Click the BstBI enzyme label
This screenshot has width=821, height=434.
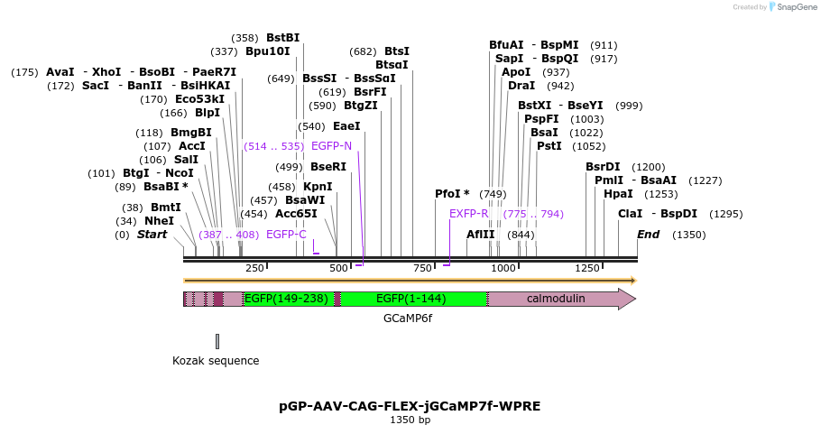[282, 38]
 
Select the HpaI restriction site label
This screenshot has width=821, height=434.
[617, 193]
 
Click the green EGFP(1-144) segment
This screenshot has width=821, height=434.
[411, 299]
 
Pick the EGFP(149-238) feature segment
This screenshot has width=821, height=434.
[286, 299]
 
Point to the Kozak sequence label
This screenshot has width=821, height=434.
[216, 361]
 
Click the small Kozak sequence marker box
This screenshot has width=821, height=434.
[217, 341]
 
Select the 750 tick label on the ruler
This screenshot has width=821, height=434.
[422, 268]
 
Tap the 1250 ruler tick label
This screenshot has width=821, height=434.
[587, 268]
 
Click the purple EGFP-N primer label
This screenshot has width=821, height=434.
[331, 145]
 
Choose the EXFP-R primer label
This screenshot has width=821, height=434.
[468, 214]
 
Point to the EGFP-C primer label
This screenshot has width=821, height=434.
[286, 235]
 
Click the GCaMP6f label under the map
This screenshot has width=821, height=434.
[408, 319]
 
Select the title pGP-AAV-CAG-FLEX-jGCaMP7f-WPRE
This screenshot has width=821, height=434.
[410, 406]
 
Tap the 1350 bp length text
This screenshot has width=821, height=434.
[410, 420]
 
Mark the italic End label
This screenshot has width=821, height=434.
[648, 235]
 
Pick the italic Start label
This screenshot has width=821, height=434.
[152, 235]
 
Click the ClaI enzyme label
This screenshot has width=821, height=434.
[630, 214]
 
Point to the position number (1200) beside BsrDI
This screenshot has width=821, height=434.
[648, 167]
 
